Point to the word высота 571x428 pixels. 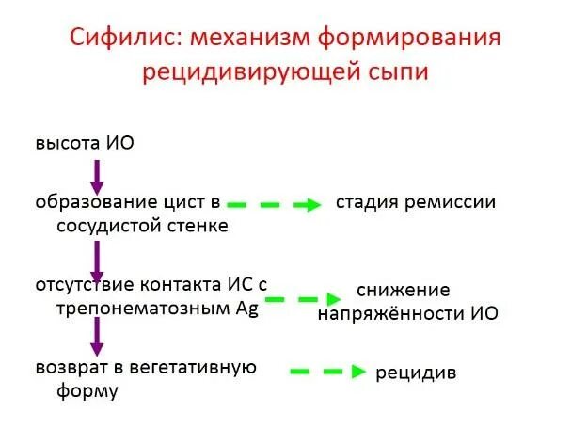tap(67, 144)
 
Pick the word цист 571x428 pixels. tap(182, 204)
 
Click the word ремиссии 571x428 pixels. tap(451, 202)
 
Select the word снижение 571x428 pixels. tap(404, 289)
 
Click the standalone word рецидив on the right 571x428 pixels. tap(416, 373)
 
